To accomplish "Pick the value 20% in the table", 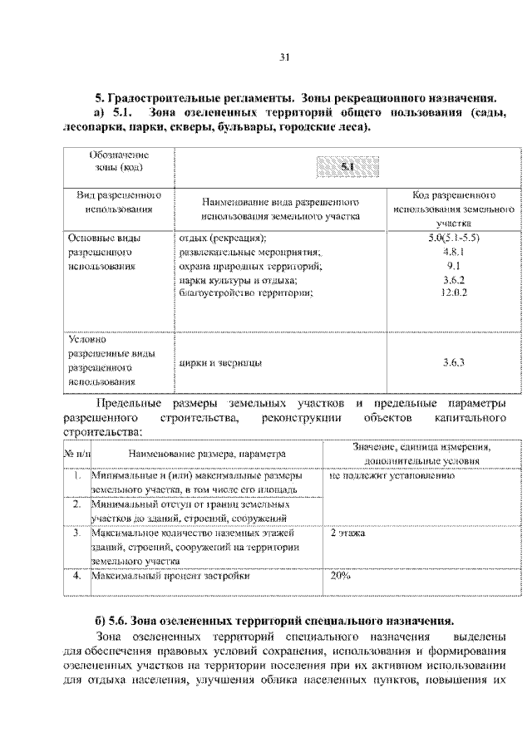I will (341, 575).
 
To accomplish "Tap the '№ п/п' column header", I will (76, 455).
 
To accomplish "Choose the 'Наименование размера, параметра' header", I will (206, 455).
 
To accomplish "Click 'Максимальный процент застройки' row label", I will (170, 575).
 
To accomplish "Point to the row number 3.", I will (76, 533).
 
